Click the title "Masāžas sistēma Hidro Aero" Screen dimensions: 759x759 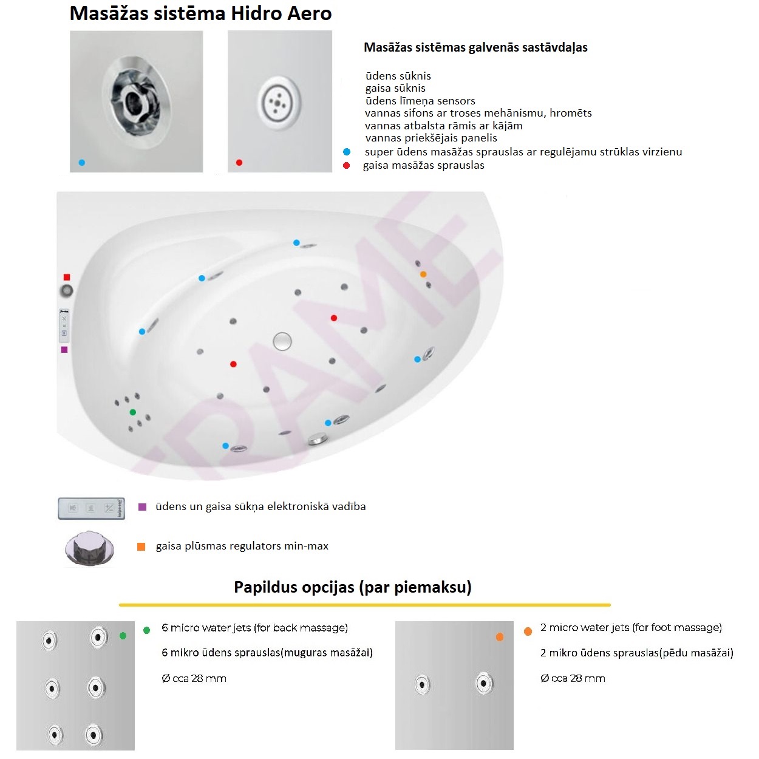200,13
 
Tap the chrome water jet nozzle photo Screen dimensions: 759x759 136,101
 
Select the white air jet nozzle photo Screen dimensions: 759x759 280,101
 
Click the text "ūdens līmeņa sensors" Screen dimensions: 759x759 420,101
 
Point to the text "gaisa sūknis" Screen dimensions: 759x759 395,88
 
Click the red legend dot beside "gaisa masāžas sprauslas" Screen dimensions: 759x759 346,165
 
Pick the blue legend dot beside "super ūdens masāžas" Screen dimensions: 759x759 347,152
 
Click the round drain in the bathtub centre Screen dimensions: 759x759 282,341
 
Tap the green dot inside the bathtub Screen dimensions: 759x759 133,412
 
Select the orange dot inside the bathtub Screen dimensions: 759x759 423,274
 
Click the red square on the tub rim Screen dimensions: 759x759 67,277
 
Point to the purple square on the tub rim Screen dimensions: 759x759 64,349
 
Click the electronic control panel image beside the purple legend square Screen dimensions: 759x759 91,508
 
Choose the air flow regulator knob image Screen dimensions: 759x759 89,548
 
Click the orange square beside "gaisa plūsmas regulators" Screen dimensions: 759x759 141,546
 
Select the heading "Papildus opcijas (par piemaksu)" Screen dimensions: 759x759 353,587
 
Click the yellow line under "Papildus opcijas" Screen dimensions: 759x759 365,605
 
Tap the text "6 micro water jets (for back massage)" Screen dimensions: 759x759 254,627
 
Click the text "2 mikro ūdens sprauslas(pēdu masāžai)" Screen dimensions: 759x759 636,653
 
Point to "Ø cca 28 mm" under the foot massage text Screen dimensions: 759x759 573,678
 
